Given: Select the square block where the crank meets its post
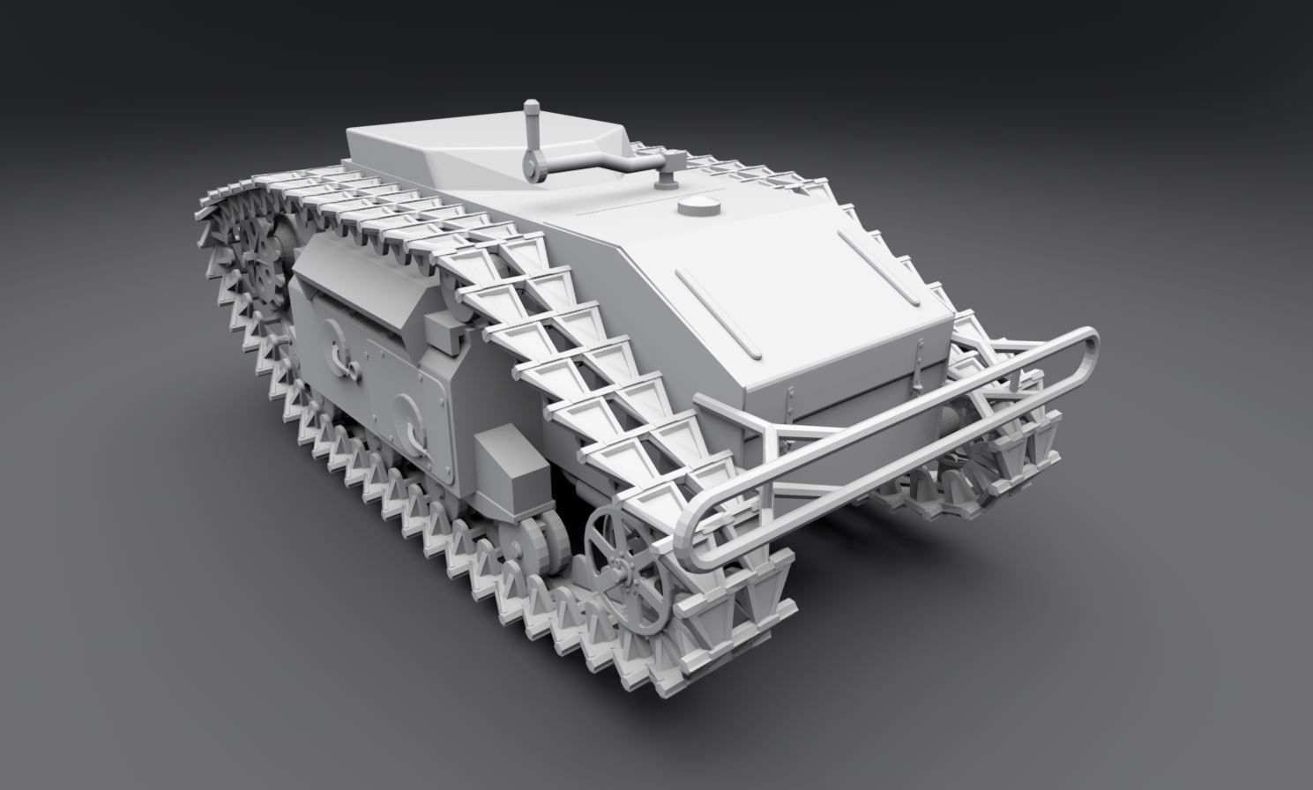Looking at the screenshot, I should point(672,160).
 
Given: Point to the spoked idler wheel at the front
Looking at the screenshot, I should point(627,568).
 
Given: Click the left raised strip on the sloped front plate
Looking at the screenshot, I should point(717,313).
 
